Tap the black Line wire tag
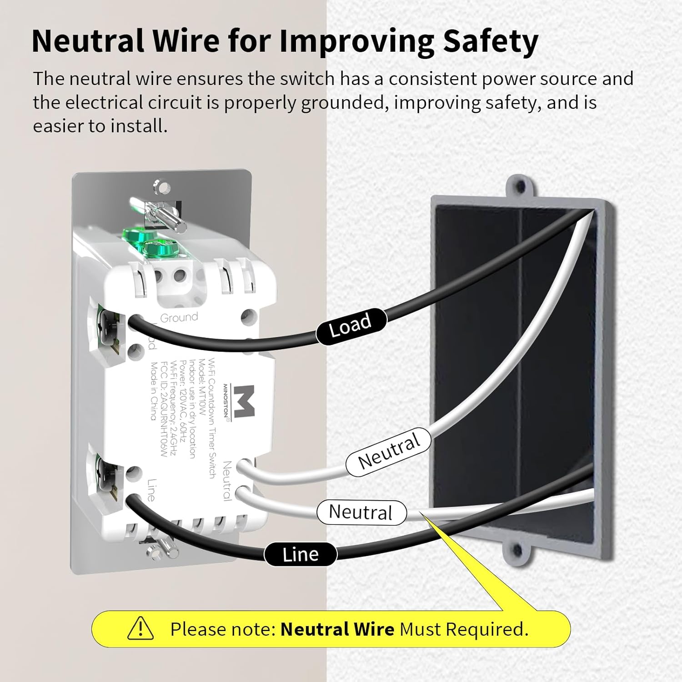pyautogui.click(x=301, y=554)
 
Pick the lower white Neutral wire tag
pyautogui.click(x=361, y=512)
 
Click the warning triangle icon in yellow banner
pyautogui.click(x=140, y=628)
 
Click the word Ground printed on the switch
pyautogui.click(x=179, y=317)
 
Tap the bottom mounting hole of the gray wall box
pyautogui.click(x=516, y=551)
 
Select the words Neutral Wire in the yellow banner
pyautogui.click(x=337, y=629)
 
